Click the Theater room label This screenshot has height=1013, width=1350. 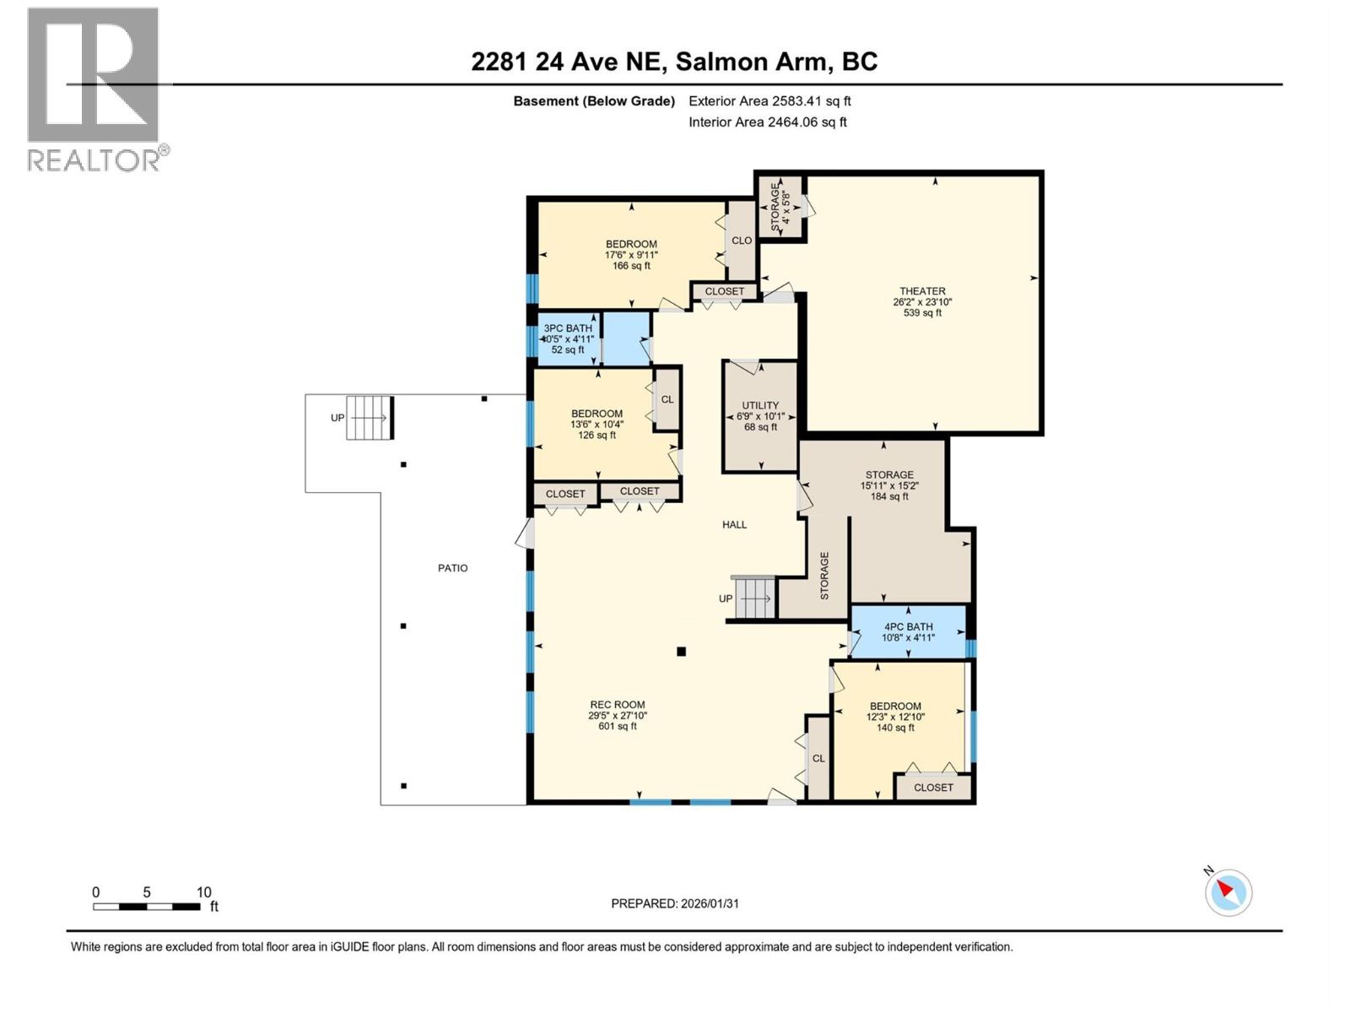(x=922, y=291)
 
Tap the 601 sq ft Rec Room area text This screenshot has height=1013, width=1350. (x=618, y=726)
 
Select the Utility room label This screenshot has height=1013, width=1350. (x=760, y=405)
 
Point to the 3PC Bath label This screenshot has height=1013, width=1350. (x=568, y=328)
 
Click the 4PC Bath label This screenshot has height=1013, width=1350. (x=908, y=626)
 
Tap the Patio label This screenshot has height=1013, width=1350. (x=452, y=568)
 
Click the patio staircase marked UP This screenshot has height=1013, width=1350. (x=370, y=417)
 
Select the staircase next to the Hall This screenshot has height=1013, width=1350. (x=753, y=599)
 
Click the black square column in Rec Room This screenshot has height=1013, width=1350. (x=681, y=651)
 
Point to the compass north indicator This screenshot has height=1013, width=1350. (x=1228, y=891)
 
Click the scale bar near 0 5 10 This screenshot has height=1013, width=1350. (x=147, y=907)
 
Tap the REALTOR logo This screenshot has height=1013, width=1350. (x=94, y=89)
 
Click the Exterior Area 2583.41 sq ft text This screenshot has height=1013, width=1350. (x=769, y=101)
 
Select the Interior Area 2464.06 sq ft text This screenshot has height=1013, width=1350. (x=767, y=122)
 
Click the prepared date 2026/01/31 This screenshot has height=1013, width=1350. (x=675, y=903)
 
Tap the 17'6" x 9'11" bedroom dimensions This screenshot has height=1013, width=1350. (x=631, y=255)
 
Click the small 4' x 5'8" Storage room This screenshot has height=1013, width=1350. (x=780, y=206)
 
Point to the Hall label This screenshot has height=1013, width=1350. (x=734, y=524)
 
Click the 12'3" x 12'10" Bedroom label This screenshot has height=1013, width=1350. (x=895, y=706)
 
